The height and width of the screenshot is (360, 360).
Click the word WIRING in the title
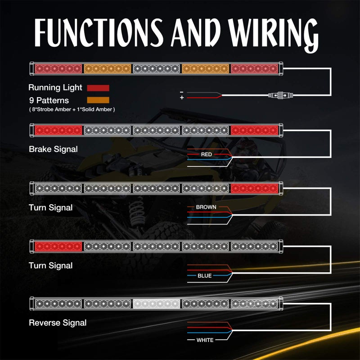point(273,35)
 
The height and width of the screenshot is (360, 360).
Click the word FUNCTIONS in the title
point(99,32)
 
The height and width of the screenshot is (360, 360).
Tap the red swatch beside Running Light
point(98,88)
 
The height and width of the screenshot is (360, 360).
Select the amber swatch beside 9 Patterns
point(98,100)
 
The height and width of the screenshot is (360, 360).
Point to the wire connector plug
point(280,95)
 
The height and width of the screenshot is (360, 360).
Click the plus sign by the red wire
point(182,98)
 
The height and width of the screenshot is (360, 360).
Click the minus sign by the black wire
point(182,92)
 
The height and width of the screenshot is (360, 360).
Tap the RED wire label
point(207,154)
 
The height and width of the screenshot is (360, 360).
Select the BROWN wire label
point(206,207)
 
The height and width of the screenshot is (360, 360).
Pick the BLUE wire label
point(205,275)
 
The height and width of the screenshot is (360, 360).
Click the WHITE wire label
point(205,340)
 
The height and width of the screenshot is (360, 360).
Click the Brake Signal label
point(53,149)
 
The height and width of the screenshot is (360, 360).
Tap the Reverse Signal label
point(58,323)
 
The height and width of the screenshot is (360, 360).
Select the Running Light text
point(55,87)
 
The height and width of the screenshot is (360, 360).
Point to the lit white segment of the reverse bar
point(156,303)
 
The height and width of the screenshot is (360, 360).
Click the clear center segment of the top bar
point(156,68)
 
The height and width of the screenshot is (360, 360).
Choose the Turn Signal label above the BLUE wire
point(51,265)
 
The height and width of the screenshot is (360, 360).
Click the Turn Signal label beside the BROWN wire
point(51,207)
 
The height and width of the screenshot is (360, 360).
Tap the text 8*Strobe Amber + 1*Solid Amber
point(72,109)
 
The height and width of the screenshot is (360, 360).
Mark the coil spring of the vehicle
point(137,212)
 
